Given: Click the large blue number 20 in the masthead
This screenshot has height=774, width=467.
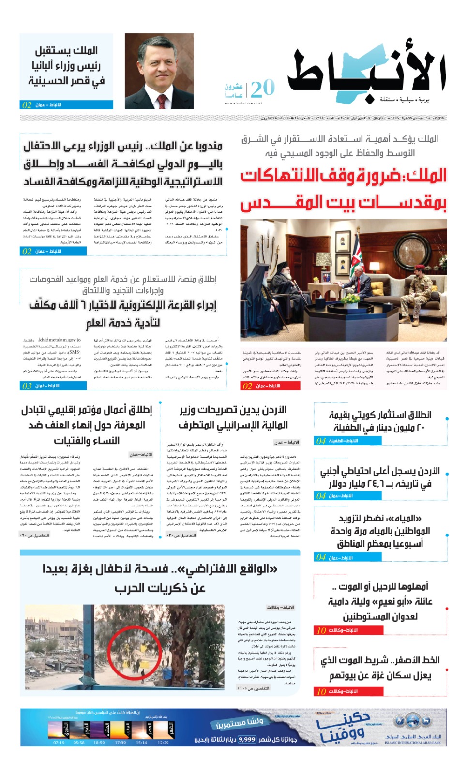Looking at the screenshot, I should [263, 88].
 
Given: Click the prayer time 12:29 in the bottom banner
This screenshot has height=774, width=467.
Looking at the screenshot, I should [163, 742].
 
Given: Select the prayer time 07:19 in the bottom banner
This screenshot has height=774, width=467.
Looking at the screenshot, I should [59, 742].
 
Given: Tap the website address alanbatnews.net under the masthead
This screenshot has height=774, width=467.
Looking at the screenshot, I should [243, 103].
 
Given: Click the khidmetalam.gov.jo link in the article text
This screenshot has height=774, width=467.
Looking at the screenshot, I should [59, 340].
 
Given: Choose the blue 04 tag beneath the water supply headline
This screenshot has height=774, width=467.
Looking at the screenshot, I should [321, 557].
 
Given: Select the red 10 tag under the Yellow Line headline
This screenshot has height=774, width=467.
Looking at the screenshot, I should [321, 691].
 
